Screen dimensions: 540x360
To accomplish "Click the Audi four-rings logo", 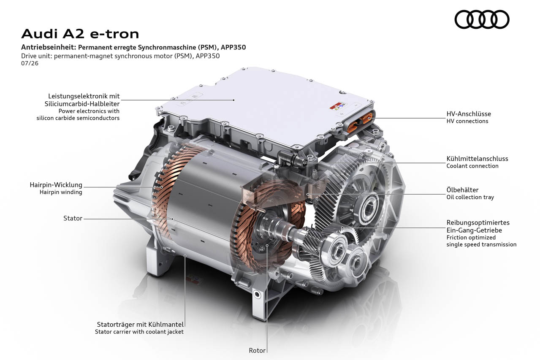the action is click(x=482, y=19).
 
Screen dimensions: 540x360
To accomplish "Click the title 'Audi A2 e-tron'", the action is click(x=80, y=34).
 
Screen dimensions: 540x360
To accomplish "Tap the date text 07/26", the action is click(x=30, y=63).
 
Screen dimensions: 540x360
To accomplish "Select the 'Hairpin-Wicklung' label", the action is click(x=56, y=185).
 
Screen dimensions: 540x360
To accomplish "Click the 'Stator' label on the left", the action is click(x=73, y=218).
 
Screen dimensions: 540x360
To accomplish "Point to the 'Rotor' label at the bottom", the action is click(x=257, y=350).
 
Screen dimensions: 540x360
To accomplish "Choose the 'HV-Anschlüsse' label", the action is click(x=469, y=114).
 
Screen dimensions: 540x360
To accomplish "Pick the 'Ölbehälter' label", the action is click(x=462, y=189).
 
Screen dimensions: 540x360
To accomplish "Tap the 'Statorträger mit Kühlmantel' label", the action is click(x=140, y=324).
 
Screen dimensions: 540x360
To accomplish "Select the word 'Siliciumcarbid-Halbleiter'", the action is click(x=82, y=104).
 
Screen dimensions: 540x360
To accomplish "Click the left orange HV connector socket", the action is click(x=354, y=126).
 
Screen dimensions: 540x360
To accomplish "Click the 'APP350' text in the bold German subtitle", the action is click(x=233, y=47).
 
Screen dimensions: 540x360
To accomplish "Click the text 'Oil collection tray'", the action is click(x=470, y=197).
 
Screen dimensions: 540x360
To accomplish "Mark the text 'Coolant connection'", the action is click(x=472, y=166).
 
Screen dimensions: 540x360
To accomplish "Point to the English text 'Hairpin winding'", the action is click(x=61, y=192).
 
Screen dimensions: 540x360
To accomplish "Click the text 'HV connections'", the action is click(x=467, y=121).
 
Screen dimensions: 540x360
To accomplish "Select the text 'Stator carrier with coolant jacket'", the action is click(x=139, y=332).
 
